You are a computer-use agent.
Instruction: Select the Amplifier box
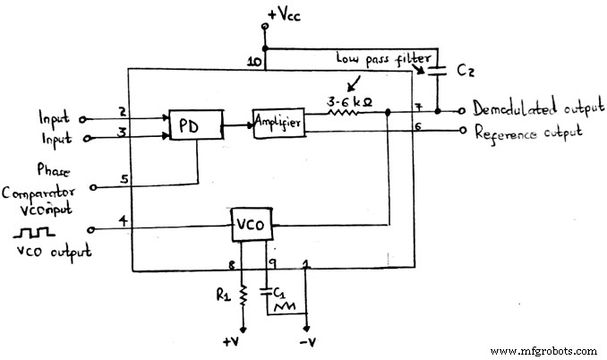click(x=278, y=122)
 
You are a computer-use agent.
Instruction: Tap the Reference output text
click(x=526, y=132)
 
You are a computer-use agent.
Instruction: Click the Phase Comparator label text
click(x=41, y=183)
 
